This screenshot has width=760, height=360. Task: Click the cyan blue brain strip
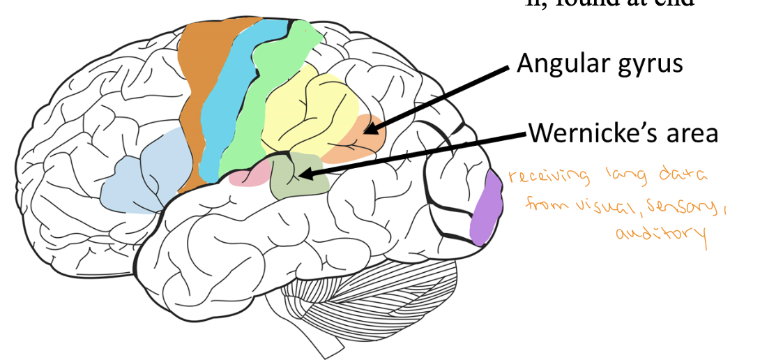(230, 105)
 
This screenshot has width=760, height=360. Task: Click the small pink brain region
(248, 174)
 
